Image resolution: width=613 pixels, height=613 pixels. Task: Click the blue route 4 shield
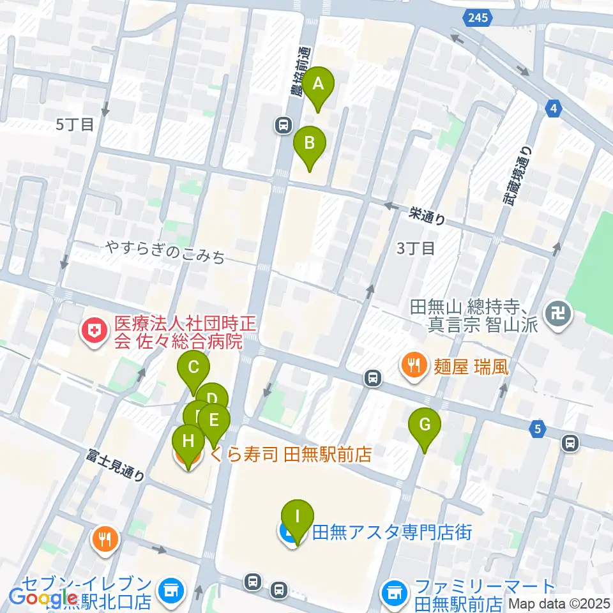554,109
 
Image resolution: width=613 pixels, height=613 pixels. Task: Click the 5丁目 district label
75,125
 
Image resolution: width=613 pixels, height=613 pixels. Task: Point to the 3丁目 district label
416,248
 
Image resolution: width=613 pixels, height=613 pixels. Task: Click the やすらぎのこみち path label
166,254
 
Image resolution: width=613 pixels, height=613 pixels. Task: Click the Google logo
43,598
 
